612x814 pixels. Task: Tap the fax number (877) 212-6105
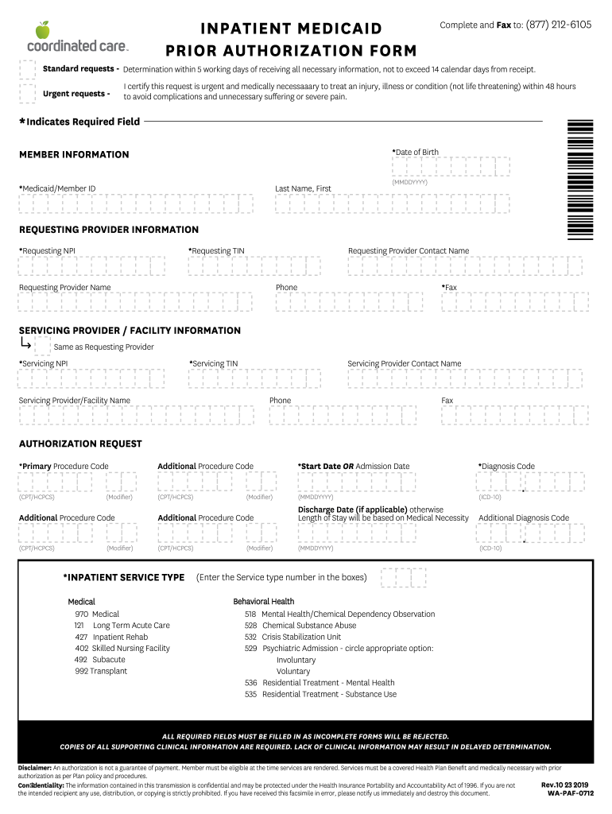click(559, 25)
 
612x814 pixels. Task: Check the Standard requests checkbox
click(27, 69)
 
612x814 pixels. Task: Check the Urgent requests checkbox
click(27, 94)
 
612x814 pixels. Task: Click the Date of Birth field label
click(415, 152)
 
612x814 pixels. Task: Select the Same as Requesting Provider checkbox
click(42, 345)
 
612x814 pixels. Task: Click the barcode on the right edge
click(580, 179)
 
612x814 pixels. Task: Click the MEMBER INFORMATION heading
click(74, 154)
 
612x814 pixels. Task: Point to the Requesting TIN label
click(216, 251)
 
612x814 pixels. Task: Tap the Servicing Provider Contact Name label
click(404, 363)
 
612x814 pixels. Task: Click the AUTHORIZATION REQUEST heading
click(80, 444)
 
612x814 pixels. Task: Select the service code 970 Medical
click(97, 614)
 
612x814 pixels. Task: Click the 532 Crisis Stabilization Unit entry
click(292, 637)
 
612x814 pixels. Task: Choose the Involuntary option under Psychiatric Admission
click(297, 660)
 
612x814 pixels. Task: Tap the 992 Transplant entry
click(100, 671)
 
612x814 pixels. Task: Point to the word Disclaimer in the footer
click(35, 768)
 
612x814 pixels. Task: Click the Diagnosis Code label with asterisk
click(506, 467)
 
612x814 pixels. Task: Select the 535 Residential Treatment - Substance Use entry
click(320, 694)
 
